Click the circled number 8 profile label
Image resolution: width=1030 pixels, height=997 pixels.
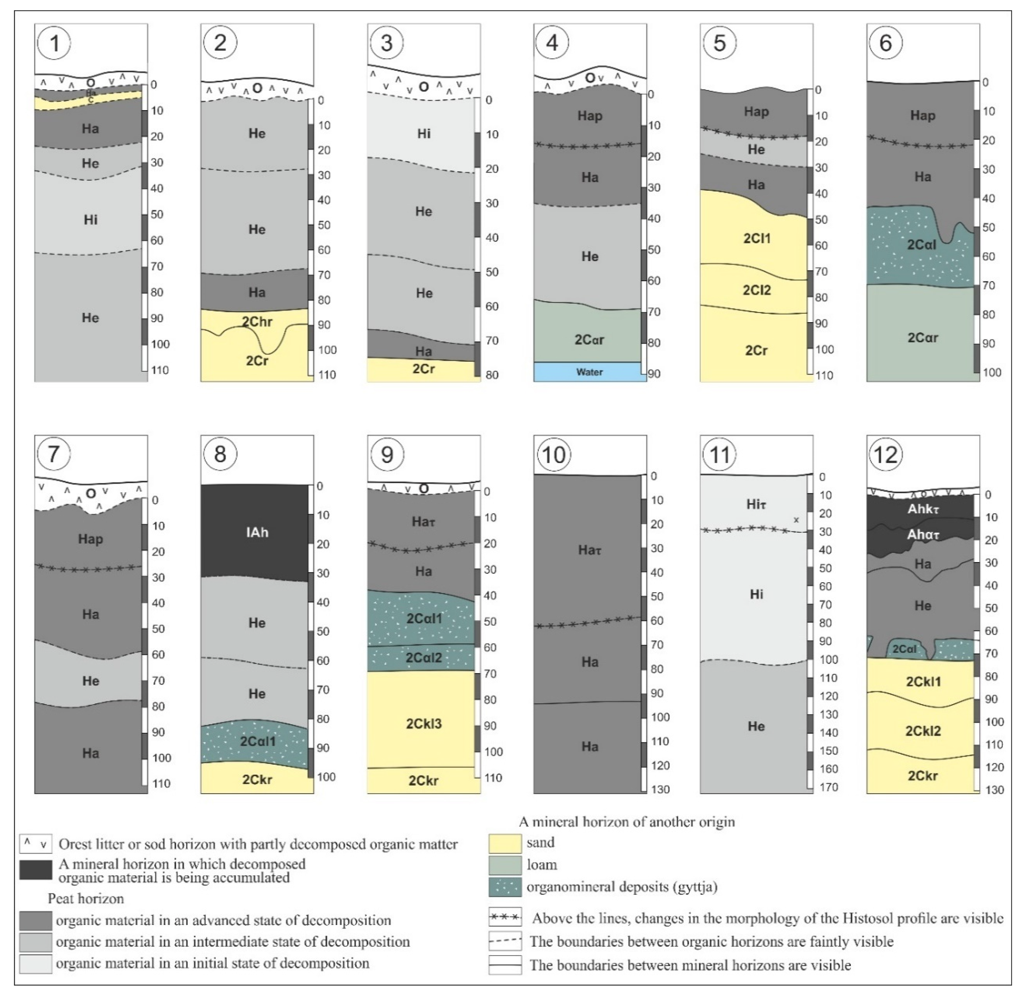(x=220, y=454)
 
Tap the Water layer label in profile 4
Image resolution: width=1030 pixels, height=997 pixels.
(x=590, y=372)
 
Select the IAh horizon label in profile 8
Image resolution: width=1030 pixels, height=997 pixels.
(x=257, y=532)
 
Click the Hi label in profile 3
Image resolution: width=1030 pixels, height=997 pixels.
(x=424, y=133)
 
